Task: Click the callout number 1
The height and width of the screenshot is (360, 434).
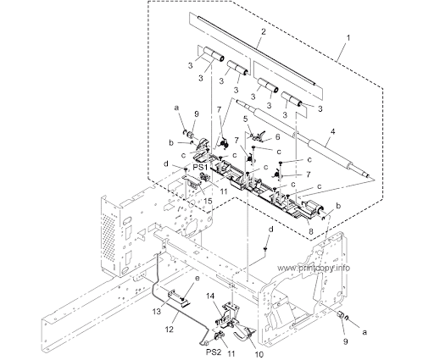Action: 348,37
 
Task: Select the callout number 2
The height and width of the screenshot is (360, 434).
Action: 264,31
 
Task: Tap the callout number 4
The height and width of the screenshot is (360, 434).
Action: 333,131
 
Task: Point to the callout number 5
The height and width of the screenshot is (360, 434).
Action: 245,119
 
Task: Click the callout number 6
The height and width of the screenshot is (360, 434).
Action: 277,136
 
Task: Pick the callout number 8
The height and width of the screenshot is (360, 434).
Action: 310,231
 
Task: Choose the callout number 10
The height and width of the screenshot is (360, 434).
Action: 259,354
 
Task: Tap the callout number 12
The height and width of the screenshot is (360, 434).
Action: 169,330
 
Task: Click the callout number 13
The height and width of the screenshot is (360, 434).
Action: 157,311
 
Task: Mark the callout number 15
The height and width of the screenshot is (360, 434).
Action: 208,201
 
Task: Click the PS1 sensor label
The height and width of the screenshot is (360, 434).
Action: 200,168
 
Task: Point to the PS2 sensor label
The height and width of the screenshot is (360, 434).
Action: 214,352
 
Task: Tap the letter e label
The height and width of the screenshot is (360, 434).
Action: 197,278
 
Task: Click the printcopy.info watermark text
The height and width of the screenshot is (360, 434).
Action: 314,268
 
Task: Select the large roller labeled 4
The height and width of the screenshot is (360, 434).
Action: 303,138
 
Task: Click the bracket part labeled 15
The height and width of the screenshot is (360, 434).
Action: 192,181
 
